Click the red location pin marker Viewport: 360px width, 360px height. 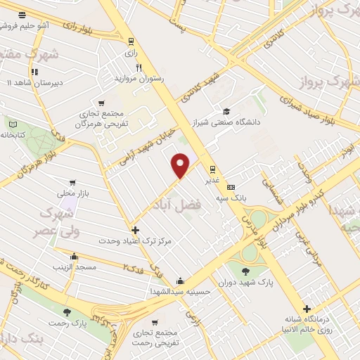click(x=181, y=165)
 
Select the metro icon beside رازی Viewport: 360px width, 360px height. click(x=130, y=41)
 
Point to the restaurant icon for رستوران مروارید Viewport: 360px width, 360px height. click(x=139, y=68)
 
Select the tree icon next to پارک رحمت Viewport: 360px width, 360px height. click(x=67, y=312)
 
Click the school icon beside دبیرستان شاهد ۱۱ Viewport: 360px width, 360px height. click(x=33, y=71)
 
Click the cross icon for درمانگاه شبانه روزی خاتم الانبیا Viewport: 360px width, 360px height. click(x=306, y=309)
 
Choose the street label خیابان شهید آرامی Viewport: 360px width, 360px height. click(x=147, y=139)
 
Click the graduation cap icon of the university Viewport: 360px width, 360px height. click(x=226, y=111)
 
